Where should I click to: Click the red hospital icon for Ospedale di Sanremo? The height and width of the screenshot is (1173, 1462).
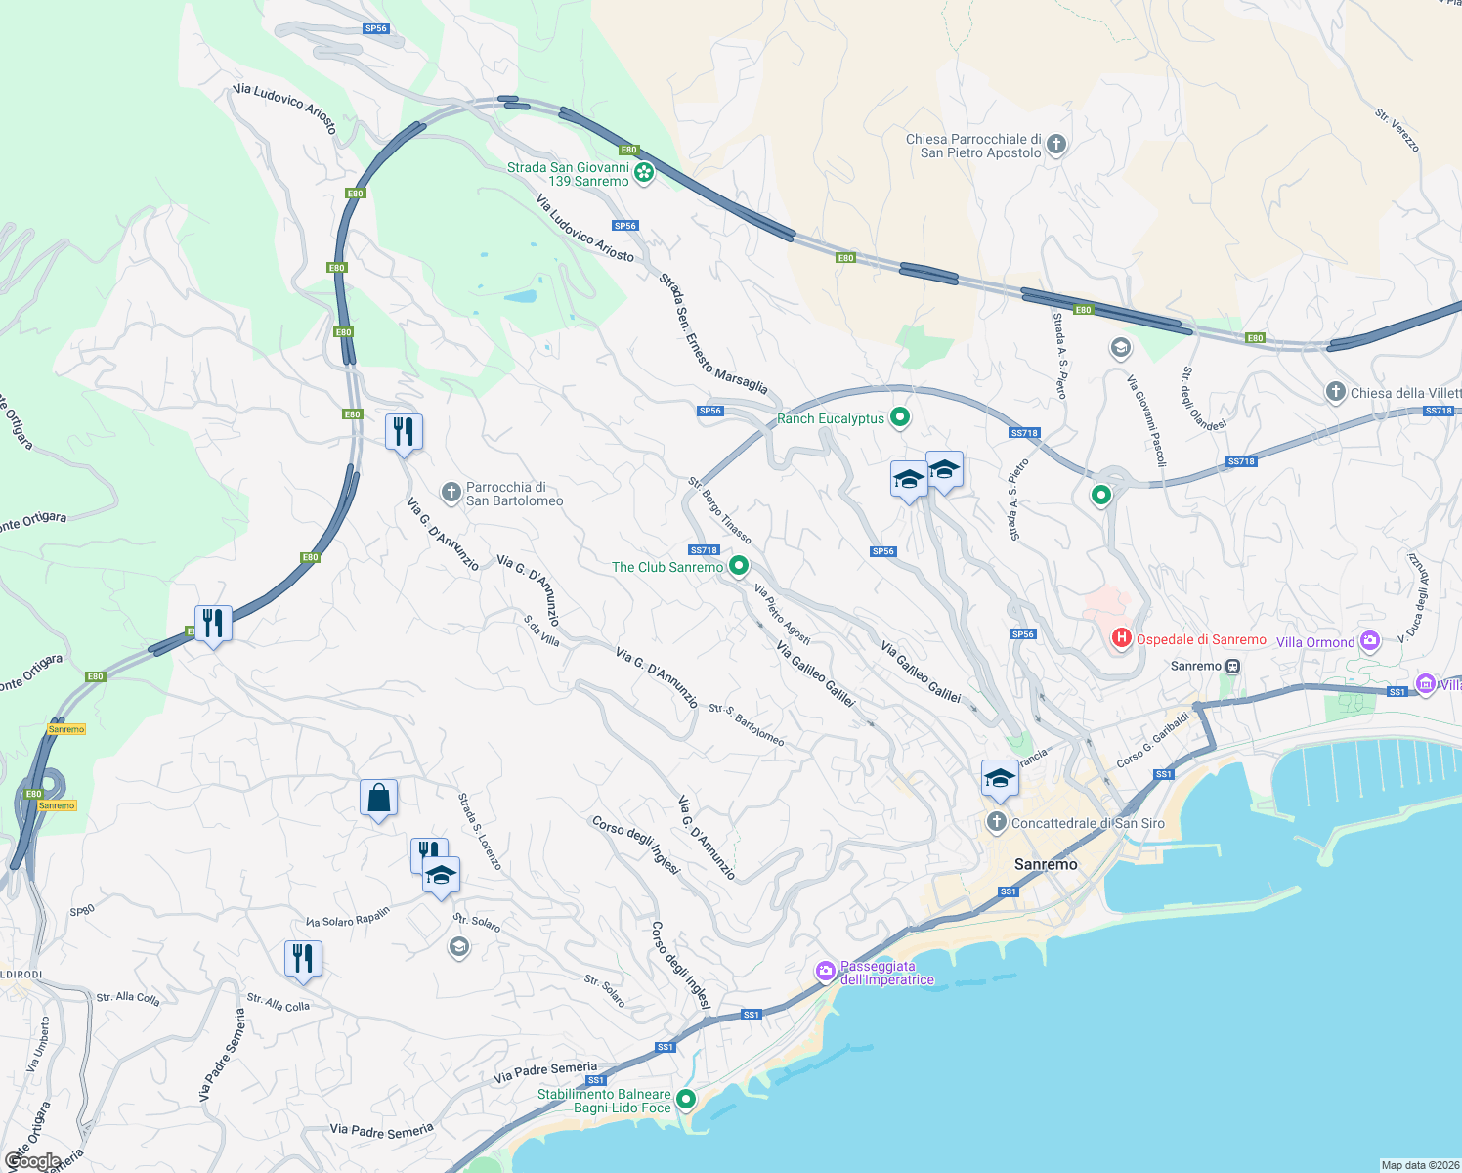pyautogui.click(x=1121, y=638)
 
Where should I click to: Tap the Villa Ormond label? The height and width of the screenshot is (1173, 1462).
pyautogui.click(x=1315, y=642)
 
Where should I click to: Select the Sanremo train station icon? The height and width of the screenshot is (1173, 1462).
pyautogui.click(x=1233, y=666)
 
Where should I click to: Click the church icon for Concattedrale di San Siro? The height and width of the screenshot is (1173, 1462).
pyautogui.click(x=996, y=822)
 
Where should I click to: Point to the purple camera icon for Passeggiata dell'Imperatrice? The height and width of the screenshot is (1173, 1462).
pyautogui.click(x=826, y=971)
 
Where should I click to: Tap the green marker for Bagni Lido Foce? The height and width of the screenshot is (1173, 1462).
pyautogui.click(x=686, y=1100)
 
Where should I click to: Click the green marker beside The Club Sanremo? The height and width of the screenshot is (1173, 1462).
pyautogui.click(x=740, y=566)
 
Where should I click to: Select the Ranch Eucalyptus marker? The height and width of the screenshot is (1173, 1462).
pyautogui.click(x=900, y=418)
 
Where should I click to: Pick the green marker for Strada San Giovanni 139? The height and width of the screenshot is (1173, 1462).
pyautogui.click(x=644, y=173)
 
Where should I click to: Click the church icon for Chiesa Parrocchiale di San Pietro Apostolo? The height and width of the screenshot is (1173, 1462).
pyautogui.click(x=1055, y=146)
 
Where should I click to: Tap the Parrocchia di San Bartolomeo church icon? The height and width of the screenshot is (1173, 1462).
pyautogui.click(x=451, y=493)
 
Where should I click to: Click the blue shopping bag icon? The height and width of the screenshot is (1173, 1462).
pyautogui.click(x=379, y=798)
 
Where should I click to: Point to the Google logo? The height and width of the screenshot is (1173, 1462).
pyautogui.click(x=32, y=1161)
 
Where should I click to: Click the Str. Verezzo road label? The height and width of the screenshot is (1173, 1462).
pyautogui.click(x=1397, y=130)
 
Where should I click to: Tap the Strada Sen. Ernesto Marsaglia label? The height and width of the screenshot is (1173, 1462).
pyautogui.click(x=712, y=333)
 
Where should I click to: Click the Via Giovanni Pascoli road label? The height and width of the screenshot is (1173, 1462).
pyautogui.click(x=1146, y=420)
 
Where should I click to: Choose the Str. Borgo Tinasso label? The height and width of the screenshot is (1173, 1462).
pyautogui.click(x=719, y=510)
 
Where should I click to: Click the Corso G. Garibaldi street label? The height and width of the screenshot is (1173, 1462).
pyautogui.click(x=1153, y=740)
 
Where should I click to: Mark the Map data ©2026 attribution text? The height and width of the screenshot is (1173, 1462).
pyautogui.click(x=1420, y=1165)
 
